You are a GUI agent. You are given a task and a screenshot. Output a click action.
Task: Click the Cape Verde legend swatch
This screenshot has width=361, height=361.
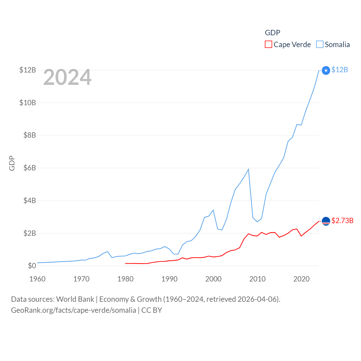[x=268, y=45]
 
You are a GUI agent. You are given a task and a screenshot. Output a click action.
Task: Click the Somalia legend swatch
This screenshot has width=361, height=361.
[x=320, y=45]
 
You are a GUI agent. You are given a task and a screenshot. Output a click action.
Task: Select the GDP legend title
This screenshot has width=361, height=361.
[x=272, y=33]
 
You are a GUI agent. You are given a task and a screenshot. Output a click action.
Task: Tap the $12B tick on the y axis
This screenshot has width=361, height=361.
[x=28, y=70]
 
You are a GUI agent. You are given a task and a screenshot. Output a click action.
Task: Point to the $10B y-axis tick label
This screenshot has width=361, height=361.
[x=28, y=103]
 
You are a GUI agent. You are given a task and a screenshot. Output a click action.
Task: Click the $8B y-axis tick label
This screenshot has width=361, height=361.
[x=30, y=135]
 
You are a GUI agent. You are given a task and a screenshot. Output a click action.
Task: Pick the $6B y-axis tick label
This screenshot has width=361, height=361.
[x=30, y=168]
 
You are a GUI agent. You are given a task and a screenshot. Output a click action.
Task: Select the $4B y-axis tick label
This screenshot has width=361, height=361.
[x=30, y=201]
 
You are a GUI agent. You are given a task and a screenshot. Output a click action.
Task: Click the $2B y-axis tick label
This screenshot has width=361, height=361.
[x=30, y=233]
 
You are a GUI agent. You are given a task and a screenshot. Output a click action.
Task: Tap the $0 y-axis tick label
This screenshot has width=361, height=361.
[x=32, y=266]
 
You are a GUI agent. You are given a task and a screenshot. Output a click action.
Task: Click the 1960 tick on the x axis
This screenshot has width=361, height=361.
[x=38, y=279]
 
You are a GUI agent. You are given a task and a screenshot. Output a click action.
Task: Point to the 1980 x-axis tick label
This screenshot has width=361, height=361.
[x=126, y=279]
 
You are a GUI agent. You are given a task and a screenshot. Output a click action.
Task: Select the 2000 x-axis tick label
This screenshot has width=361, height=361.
[x=213, y=279]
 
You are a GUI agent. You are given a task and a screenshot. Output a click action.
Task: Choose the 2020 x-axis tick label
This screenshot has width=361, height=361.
[x=301, y=279]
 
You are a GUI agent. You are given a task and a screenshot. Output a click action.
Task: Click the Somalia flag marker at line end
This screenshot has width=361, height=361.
[x=326, y=70]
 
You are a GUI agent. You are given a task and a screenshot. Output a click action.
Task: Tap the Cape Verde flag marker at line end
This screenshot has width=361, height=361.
[x=326, y=221]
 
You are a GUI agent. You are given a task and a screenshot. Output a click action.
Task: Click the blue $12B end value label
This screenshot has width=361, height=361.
[x=340, y=70]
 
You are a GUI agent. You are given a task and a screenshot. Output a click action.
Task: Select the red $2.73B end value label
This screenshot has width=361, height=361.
[x=342, y=221]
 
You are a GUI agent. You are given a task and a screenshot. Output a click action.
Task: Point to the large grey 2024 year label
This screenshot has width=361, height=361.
[x=67, y=77]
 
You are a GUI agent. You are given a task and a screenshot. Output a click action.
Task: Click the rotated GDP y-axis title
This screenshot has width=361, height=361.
[x=12, y=163]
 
